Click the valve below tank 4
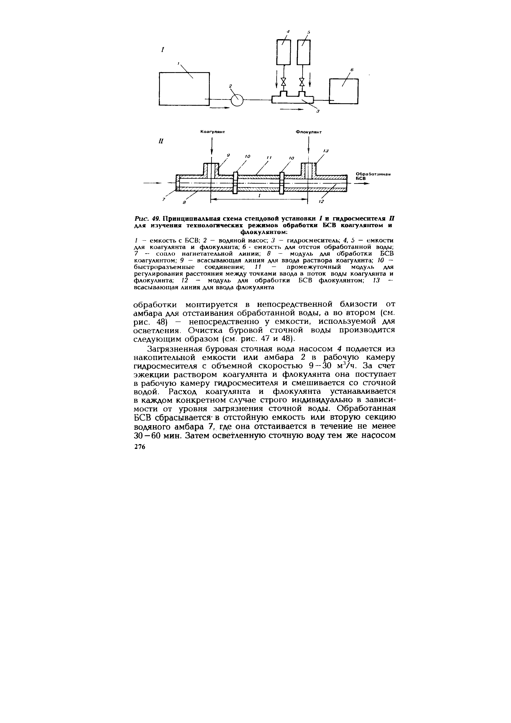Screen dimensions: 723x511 (x=284, y=82)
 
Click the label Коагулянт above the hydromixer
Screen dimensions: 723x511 (x=214, y=132)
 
